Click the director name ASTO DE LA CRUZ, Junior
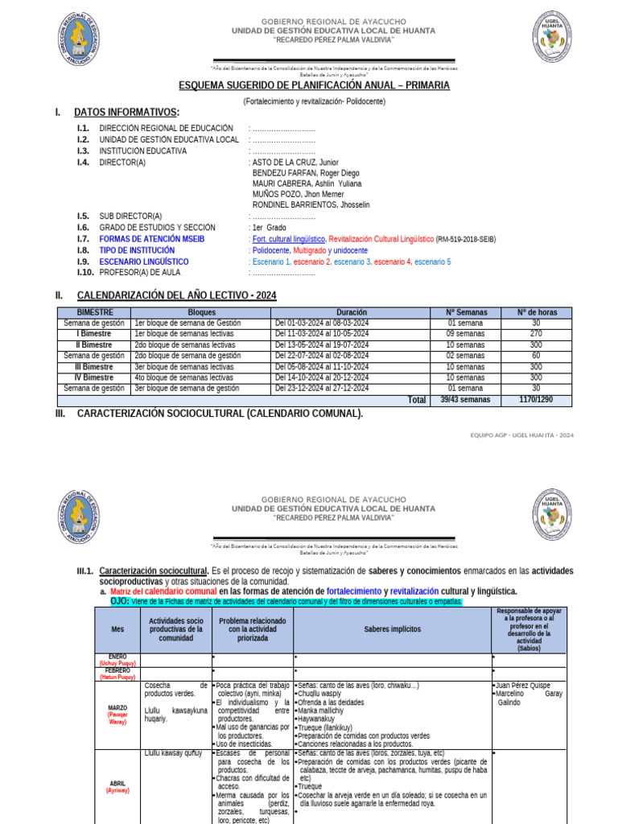(295, 162)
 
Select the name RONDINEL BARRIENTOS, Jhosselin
(311, 205)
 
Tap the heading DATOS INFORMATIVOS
(126, 112)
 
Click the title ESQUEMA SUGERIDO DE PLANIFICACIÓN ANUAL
(314, 85)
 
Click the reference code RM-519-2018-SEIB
(467, 239)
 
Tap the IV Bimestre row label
(95, 377)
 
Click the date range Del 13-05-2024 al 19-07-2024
(322, 344)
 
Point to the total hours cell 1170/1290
(536, 399)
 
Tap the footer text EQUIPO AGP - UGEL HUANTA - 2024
(522, 435)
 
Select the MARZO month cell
(117, 709)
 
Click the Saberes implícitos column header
(392, 629)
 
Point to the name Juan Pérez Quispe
(525, 685)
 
